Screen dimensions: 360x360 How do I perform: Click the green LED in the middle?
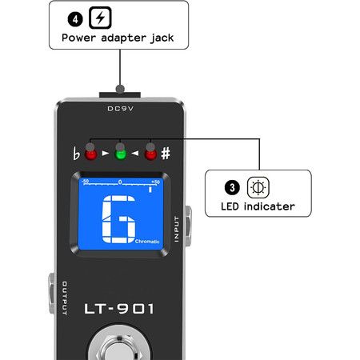pyautogui.click(x=120, y=154)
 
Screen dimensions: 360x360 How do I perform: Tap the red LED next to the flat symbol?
pyautogui.click(x=90, y=154)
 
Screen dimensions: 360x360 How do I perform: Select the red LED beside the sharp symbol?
pyautogui.click(x=150, y=154)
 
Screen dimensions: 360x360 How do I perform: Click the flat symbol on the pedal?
pyautogui.click(x=76, y=154)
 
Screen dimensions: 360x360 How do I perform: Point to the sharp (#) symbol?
pyautogui.click(x=166, y=154)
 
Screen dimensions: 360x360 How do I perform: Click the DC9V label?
pyautogui.click(x=120, y=109)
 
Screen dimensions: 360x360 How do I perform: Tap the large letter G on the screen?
pyautogui.click(x=118, y=219)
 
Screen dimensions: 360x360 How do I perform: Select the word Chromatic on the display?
pyautogui.click(x=147, y=242)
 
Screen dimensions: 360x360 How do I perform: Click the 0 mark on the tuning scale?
pyautogui.click(x=120, y=182)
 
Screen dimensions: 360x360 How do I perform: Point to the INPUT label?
pyautogui.click(x=177, y=229)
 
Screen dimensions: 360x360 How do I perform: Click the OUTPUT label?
pyautogui.click(x=65, y=298)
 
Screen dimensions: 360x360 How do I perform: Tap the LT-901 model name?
pyautogui.click(x=119, y=309)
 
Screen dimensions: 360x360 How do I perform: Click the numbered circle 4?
pyautogui.click(x=75, y=19)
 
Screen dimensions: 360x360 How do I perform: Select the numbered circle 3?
pyautogui.click(x=232, y=187)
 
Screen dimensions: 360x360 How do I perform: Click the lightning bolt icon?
pyautogui.click(x=100, y=18)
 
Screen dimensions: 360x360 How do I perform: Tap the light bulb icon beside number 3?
pyautogui.click(x=258, y=187)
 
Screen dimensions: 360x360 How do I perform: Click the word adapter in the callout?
pyautogui.click(x=123, y=38)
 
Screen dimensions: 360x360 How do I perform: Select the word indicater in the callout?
pyautogui.click(x=270, y=206)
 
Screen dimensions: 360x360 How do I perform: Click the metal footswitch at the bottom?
pyautogui.click(x=119, y=346)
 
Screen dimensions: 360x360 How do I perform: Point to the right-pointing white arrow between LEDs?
pyautogui.click(x=106, y=154)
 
